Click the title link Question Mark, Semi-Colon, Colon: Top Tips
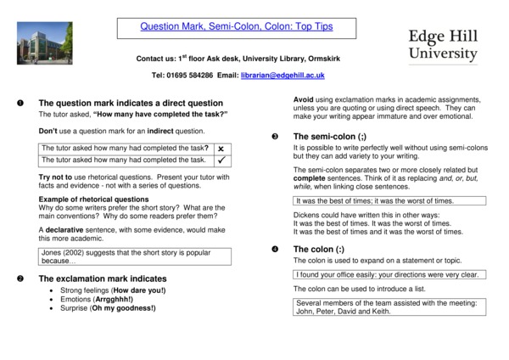pyautogui.click(x=237, y=27)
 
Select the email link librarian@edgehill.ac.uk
pyautogui.click(x=282, y=76)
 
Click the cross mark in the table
pyautogui.click(x=220, y=149)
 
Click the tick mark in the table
pyautogui.click(x=220, y=160)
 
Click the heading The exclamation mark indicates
pyautogui.click(x=103, y=278)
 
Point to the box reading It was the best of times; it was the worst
pyautogui.click(x=389, y=201)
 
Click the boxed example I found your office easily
pyautogui.click(x=389, y=275)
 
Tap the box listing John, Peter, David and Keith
pyautogui.click(x=389, y=307)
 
